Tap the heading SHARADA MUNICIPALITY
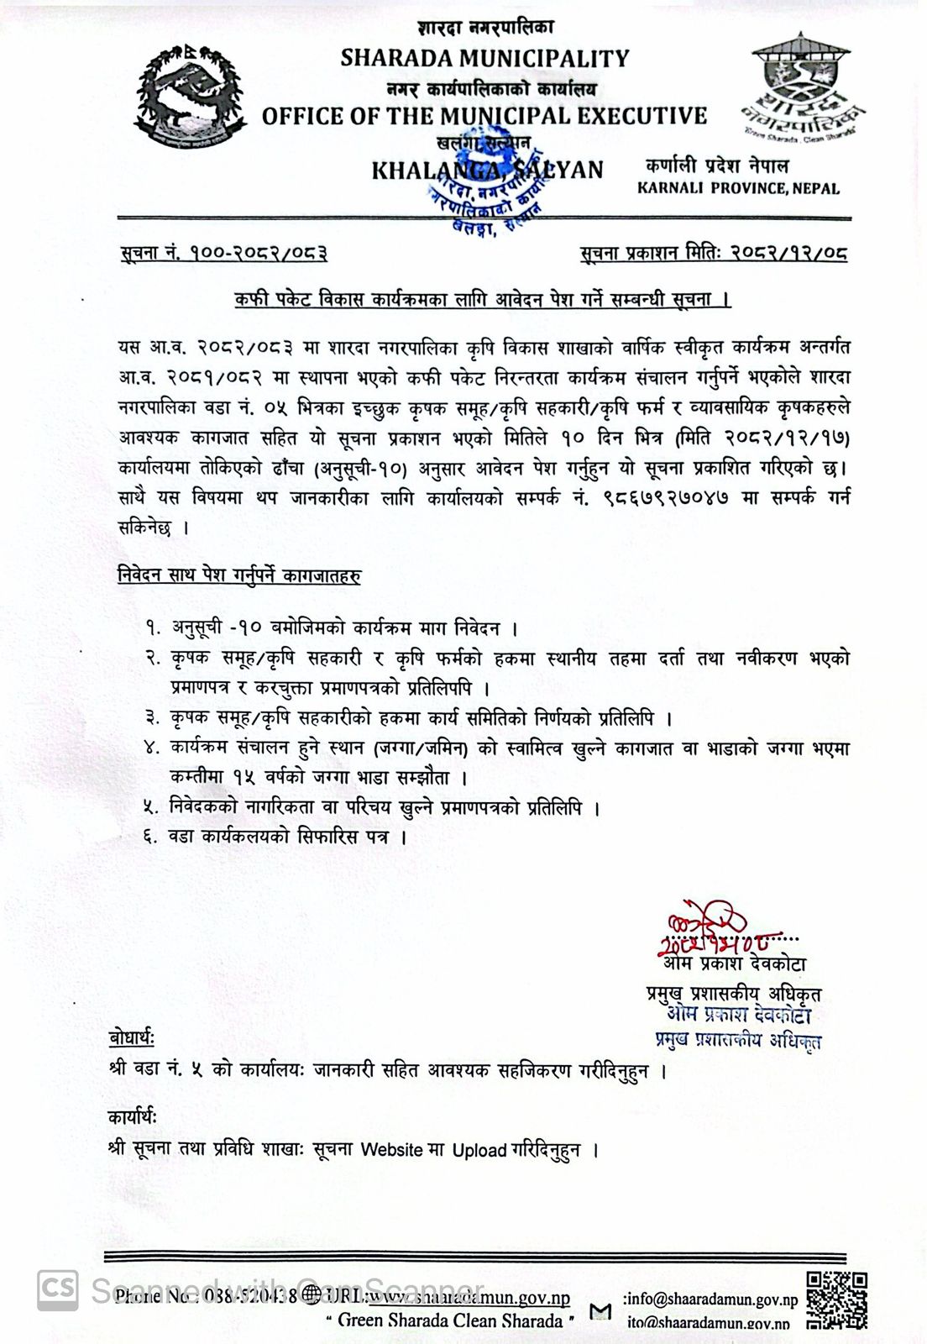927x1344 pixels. pos(484,58)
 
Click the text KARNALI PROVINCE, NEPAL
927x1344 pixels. pos(738,188)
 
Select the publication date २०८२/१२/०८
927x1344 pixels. pos(788,252)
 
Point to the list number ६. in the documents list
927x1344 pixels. pos(151,837)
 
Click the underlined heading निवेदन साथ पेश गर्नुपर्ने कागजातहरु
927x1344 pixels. pos(239,576)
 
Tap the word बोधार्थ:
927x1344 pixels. pos(132,1037)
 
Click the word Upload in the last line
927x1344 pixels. pos(479,1150)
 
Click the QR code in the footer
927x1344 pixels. pos(835,1300)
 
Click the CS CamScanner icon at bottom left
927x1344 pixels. pos(57,1289)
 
